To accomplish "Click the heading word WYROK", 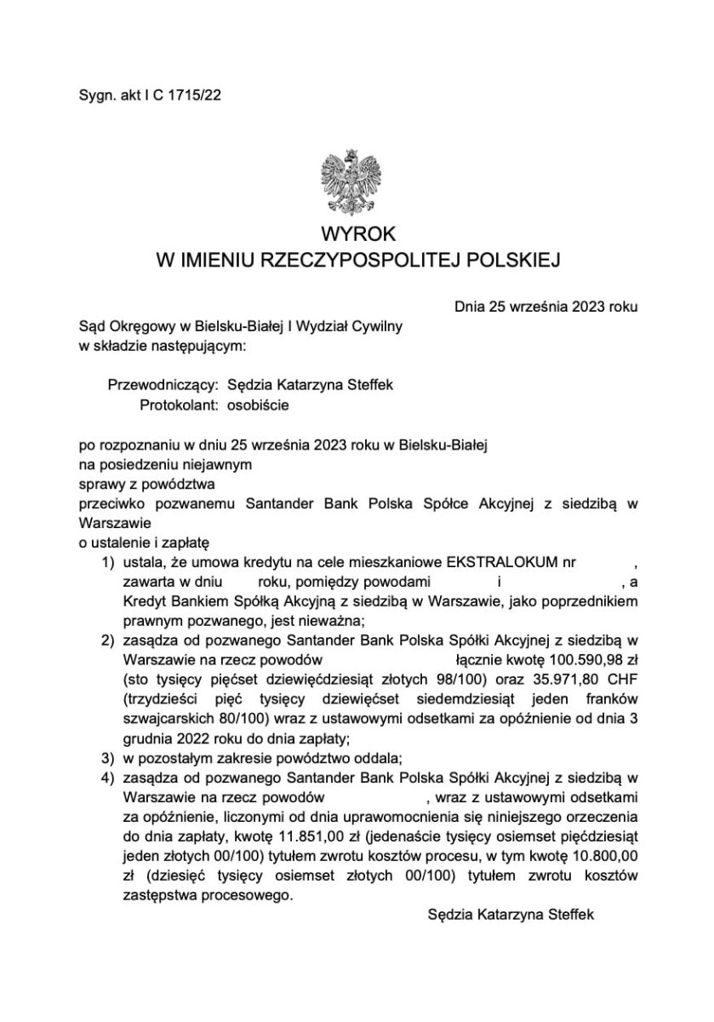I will pyautogui.click(x=358, y=234).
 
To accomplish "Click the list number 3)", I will pyautogui.click(x=108, y=757).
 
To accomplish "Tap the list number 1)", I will pyautogui.click(x=108, y=563).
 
